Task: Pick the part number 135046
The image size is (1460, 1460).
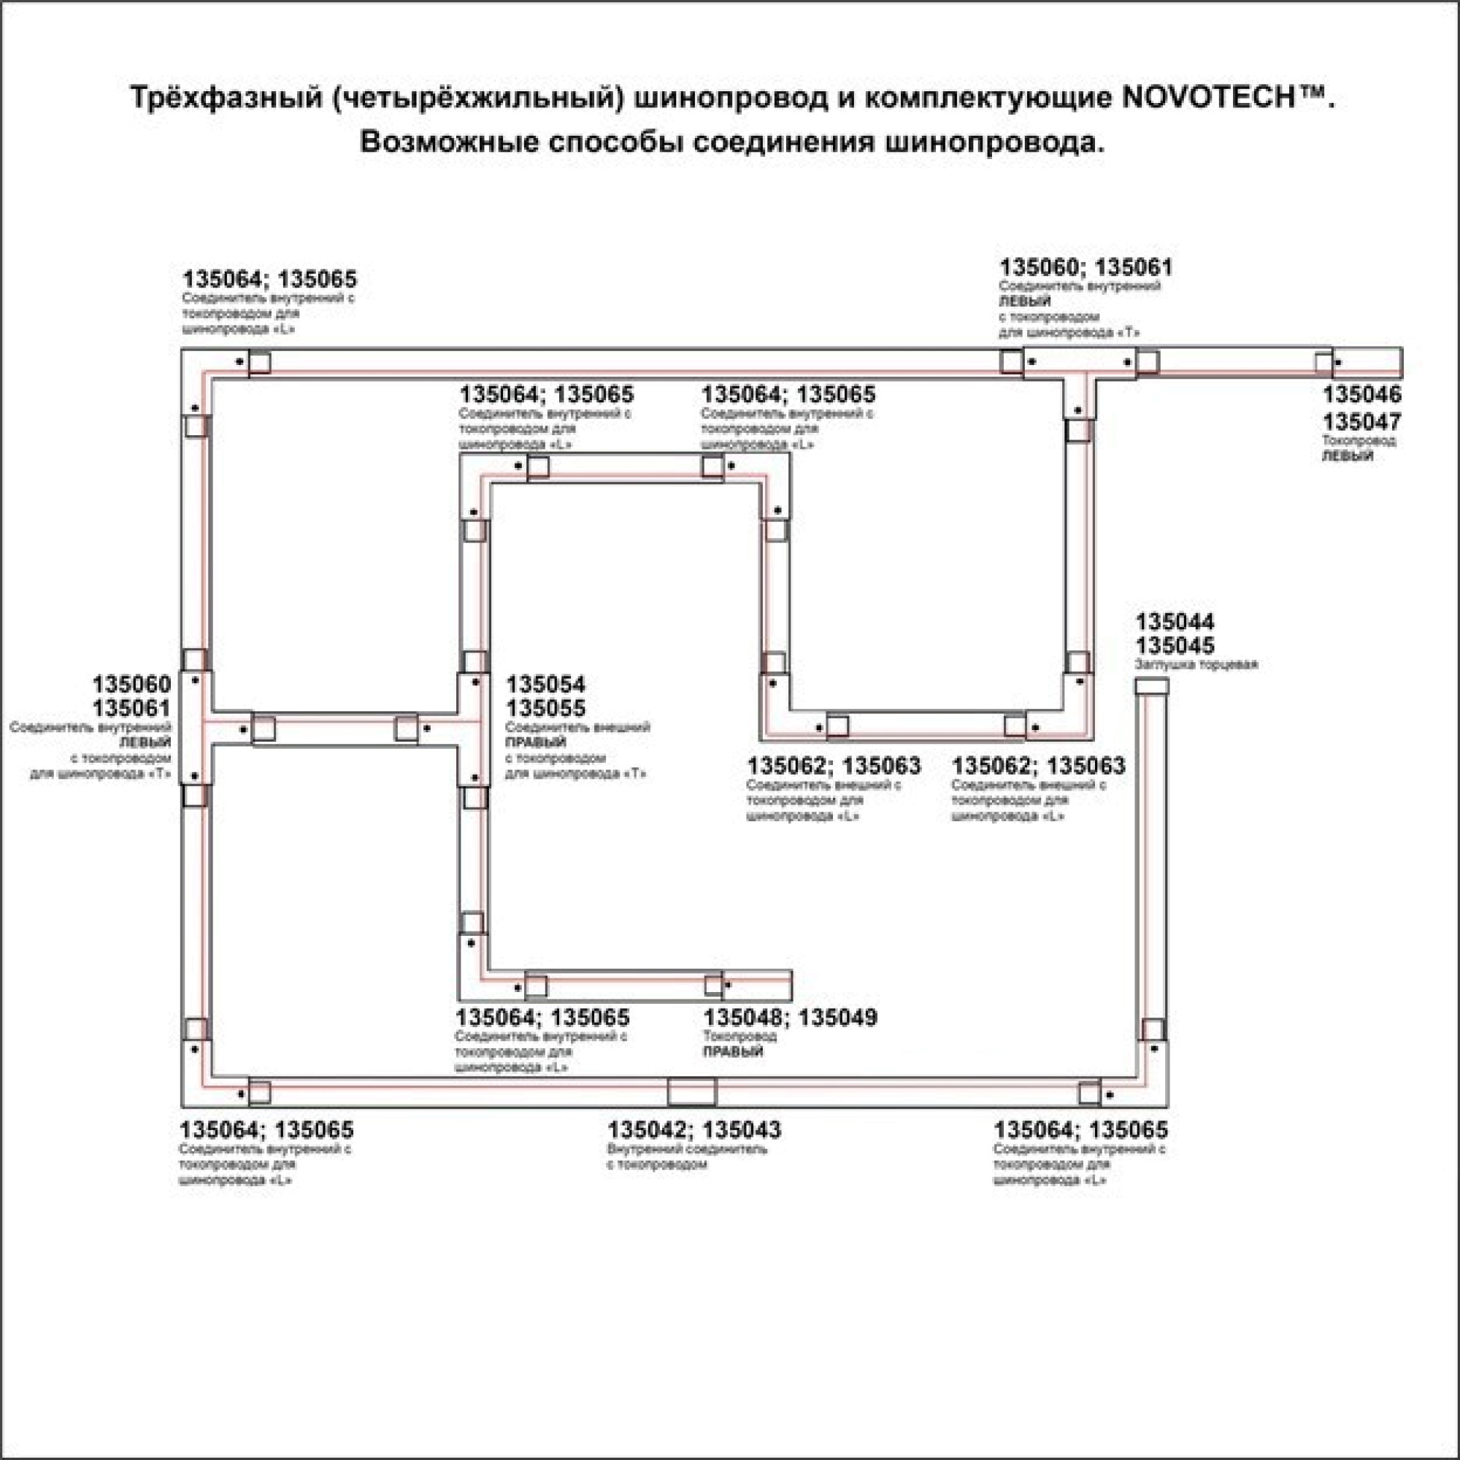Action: (x=1361, y=393)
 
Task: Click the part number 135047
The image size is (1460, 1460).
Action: (x=1361, y=421)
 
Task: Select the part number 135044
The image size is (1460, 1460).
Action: (x=1175, y=622)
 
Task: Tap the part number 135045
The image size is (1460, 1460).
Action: (x=1175, y=646)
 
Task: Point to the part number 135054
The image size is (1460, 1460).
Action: (x=545, y=685)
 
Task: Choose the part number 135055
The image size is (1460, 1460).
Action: (x=545, y=709)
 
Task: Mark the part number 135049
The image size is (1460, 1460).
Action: (x=838, y=1018)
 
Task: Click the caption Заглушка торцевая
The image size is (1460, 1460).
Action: (x=1196, y=665)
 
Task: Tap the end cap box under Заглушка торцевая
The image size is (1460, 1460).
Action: (x=1152, y=686)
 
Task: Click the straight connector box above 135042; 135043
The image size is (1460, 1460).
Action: (x=691, y=1093)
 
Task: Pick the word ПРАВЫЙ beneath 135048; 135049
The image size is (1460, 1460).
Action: (x=733, y=1052)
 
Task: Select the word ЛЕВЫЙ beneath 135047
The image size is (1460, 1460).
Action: (x=1348, y=456)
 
